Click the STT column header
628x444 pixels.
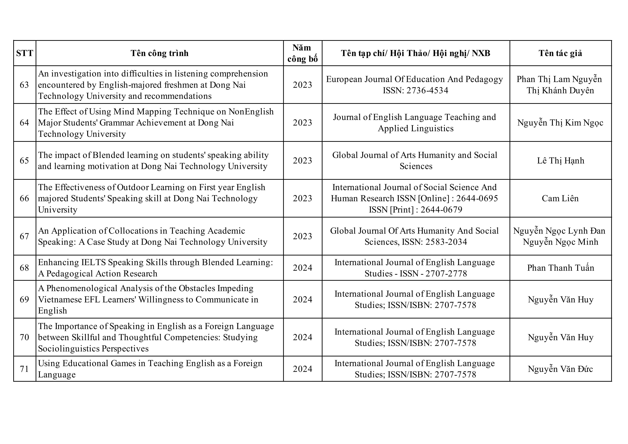click(25, 53)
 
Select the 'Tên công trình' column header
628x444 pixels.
click(159, 53)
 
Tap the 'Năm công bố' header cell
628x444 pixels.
click(302, 53)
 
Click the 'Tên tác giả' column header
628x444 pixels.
click(561, 53)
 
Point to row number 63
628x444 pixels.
click(24, 85)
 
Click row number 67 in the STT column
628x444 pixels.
click(24, 236)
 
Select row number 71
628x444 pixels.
click(24, 369)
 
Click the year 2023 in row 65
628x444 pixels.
click(302, 161)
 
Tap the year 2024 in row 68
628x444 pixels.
click(302, 268)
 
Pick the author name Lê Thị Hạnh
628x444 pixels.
click(561, 161)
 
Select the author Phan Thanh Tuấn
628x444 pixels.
click(561, 268)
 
